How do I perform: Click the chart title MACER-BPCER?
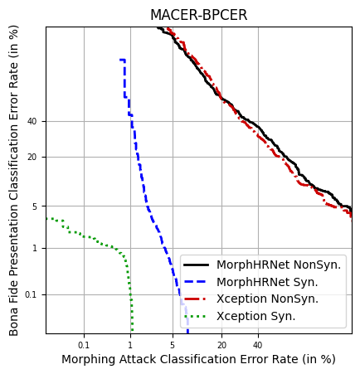pos(198,15)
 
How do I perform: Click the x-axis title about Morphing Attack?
pos(198,359)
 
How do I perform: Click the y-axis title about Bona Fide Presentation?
pos(14,180)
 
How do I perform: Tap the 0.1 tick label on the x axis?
pos(84,344)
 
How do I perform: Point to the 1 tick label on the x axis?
pos(129,344)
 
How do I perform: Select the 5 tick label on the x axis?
pos(173,344)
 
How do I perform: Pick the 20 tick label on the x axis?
pos(221,344)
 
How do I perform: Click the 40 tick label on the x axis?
pos(258,344)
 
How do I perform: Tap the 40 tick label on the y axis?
pos(32,121)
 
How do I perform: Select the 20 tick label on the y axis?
pos(32,157)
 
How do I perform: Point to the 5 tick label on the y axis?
pos(35,206)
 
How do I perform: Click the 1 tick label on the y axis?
pos(35,248)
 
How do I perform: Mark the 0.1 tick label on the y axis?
pos(31,294)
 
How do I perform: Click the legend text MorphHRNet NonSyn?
pos(279,265)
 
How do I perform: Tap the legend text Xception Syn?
pos(256,316)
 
